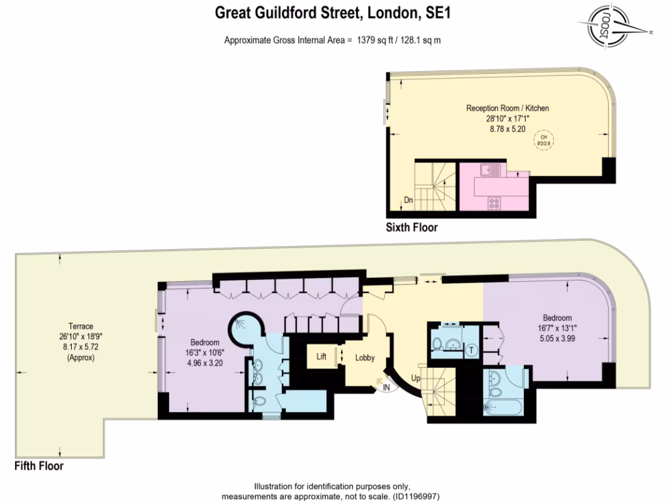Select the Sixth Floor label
[411, 228]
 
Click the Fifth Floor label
[39, 466]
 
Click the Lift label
[322, 357]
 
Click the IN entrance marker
[386, 386]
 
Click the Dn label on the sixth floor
[408, 200]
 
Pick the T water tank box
[471, 350]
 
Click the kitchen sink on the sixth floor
[490, 170]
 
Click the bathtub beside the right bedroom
[502, 408]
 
